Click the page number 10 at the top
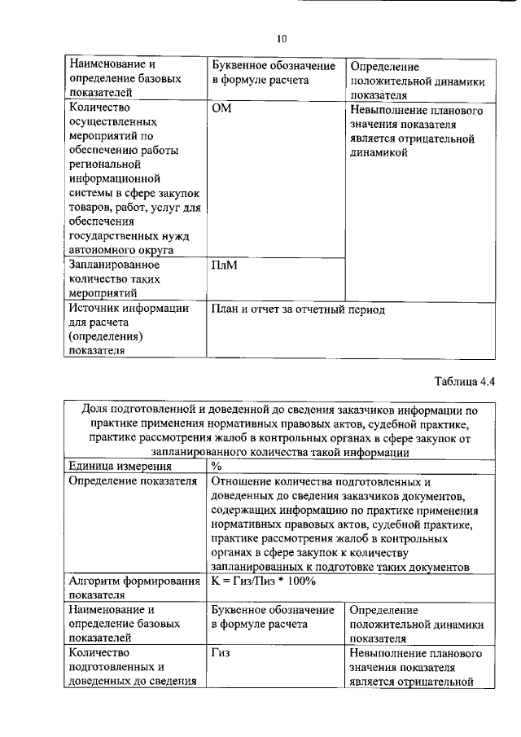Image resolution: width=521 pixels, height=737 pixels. tap(282, 38)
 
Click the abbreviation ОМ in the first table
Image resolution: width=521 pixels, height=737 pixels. tap(221, 108)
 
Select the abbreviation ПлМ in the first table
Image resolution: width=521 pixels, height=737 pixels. tap(224, 265)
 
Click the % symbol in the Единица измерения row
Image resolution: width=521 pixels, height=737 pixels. tap(216, 467)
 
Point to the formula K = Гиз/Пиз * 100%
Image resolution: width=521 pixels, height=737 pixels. tap(263, 581)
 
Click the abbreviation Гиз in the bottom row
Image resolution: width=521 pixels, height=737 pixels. tap(221, 653)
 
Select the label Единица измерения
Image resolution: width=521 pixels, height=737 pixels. tap(120, 467)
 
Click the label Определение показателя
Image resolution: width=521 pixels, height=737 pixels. tap(134, 481)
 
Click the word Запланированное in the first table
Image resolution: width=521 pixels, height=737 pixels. tap(114, 265)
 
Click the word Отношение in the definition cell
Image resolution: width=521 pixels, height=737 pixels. tap(243, 481)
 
